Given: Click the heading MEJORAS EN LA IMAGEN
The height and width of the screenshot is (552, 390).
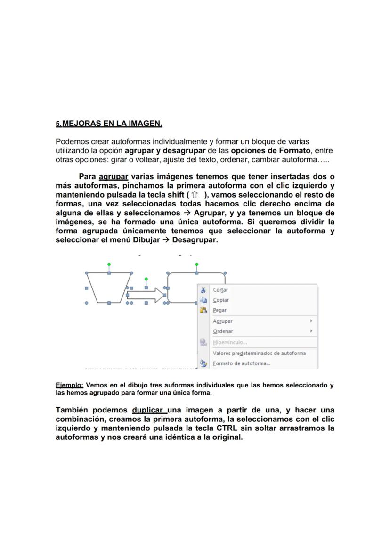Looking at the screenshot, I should tap(112, 124).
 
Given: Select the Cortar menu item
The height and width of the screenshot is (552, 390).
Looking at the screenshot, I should tap(220, 290).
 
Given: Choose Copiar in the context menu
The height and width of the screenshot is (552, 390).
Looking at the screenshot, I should tap(221, 300).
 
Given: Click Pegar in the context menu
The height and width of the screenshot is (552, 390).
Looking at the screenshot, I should tap(219, 311).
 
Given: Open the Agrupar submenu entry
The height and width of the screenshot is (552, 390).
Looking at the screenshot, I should tap(223, 321).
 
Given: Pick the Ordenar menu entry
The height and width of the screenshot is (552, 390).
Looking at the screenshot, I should tap(223, 331).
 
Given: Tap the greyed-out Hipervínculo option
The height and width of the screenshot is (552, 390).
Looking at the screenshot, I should tap(230, 343).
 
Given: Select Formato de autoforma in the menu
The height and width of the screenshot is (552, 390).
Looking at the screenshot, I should tap(242, 363).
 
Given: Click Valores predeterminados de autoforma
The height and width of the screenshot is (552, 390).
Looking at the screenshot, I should tap(259, 353).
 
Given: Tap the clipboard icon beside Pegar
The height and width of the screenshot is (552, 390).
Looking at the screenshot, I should tap(203, 311).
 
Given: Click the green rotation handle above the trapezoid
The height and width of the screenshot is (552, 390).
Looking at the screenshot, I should tap(109, 264).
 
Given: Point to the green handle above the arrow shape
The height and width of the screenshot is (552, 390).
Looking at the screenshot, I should tap(146, 279).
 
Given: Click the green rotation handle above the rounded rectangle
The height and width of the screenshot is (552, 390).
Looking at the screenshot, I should tap(196, 264).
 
